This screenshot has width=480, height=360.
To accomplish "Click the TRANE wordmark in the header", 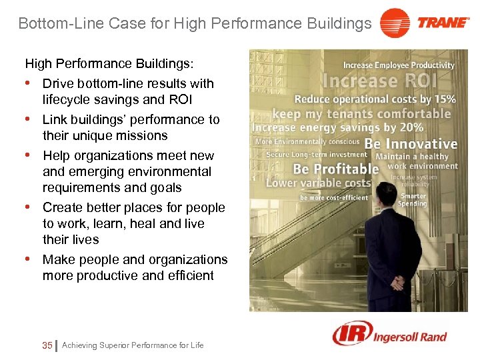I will pyautogui.click(x=443, y=23).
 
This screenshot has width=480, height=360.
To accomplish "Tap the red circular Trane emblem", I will pyautogui.click(x=395, y=23).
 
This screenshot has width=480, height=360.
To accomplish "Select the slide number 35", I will pyautogui.click(x=47, y=345).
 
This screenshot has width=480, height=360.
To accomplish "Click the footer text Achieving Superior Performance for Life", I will pyautogui.click(x=133, y=345).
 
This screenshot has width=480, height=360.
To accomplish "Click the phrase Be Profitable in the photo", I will pyautogui.click(x=336, y=169).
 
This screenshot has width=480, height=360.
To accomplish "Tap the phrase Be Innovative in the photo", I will pyautogui.click(x=411, y=143).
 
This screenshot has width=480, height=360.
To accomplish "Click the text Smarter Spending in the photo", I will pyautogui.click(x=413, y=200).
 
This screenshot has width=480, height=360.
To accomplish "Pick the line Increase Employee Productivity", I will pyautogui.click(x=399, y=65).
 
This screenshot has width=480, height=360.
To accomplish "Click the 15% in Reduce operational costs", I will pyautogui.click(x=445, y=99).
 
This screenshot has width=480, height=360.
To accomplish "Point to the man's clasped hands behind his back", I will pyautogui.click(x=399, y=283).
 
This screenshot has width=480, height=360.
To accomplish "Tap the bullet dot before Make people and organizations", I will pyautogui.click(x=29, y=258).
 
